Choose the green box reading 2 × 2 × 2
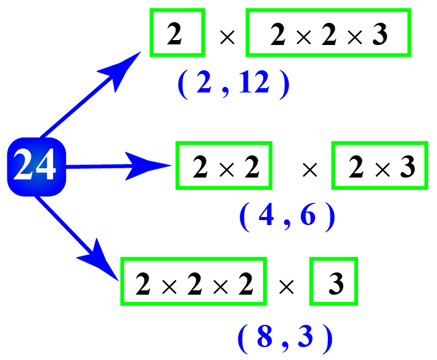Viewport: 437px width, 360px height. (x=193, y=281)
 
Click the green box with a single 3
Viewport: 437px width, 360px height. (x=333, y=282)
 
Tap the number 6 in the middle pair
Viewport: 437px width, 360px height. (x=308, y=217)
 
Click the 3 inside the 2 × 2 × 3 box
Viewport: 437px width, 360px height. (x=378, y=35)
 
